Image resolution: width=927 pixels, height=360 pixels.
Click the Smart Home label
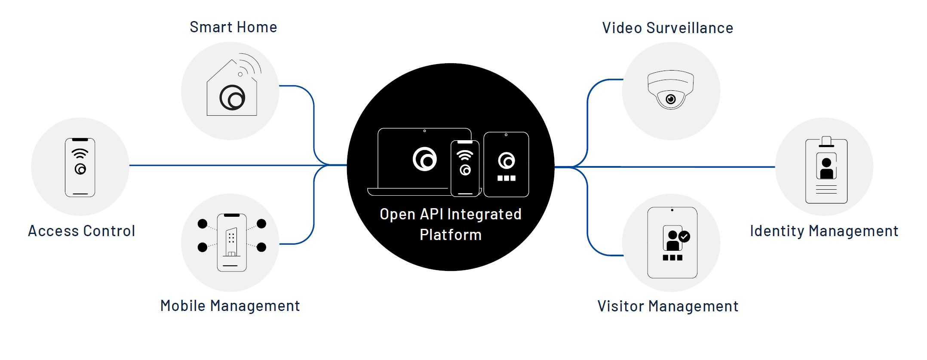233,28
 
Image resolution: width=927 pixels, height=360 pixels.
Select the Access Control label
82,231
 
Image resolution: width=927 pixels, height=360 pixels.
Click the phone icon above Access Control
80,167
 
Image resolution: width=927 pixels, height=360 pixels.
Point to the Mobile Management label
230,306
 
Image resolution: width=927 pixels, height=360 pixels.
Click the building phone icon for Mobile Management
232,243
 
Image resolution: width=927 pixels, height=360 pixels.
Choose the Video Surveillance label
667,28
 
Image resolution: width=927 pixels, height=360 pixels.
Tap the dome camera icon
671,89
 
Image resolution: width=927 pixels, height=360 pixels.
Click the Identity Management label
824,231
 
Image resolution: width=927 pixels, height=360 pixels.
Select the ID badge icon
826,171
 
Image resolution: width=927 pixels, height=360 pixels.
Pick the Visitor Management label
668,306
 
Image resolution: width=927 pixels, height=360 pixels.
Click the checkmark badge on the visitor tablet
684,236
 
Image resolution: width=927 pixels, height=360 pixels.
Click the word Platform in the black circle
451,235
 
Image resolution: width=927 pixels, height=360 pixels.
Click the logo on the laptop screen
425,159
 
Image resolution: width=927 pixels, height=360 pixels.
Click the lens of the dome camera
670,99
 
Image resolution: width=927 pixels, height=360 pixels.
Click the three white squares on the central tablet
506,178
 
